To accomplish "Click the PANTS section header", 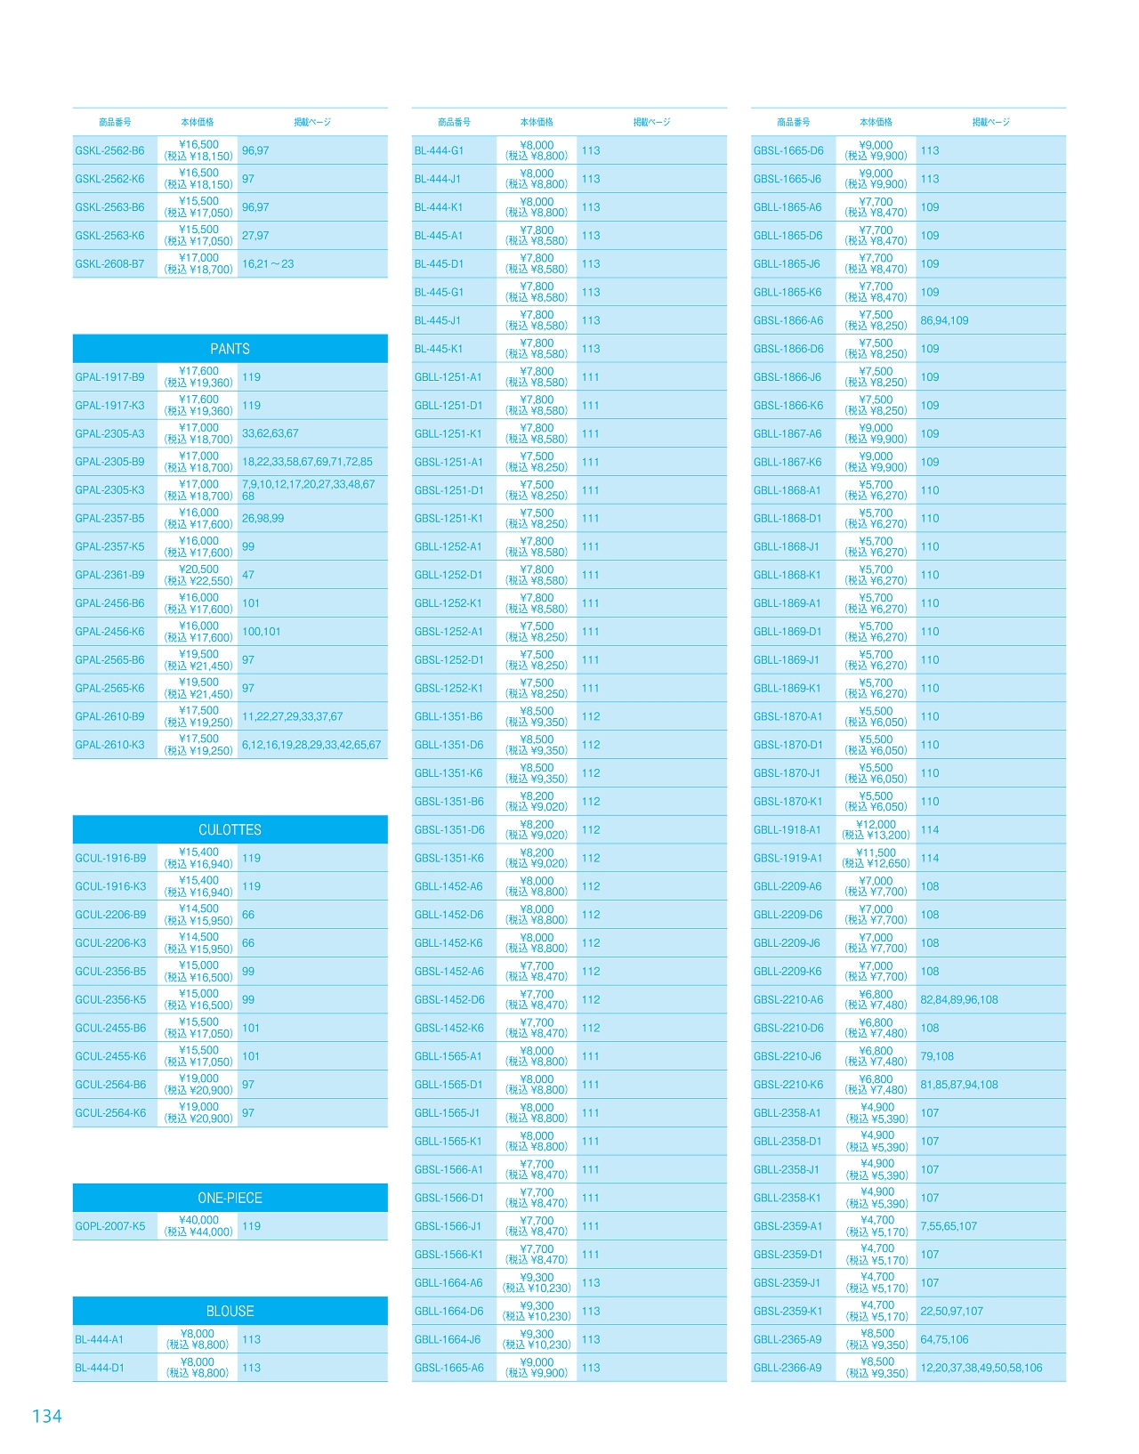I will tap(230, 349).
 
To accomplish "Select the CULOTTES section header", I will tap(230, 829).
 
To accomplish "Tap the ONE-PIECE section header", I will tap(230, 1198).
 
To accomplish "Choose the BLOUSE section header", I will tap(230, 1311).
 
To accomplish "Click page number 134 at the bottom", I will tap(46, 1416).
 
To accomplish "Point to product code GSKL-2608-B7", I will tap(109, 263).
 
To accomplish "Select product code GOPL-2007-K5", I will tap(109, 1226).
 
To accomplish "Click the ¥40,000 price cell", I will tap(198, 1226).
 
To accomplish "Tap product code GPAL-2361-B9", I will tap(109, 575).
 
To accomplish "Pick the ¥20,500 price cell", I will tap(198, 575).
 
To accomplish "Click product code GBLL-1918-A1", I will tap(787, 829).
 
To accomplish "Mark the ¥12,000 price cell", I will tap(876, 829).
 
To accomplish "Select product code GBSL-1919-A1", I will tap(788, 858).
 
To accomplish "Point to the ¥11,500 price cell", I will tap(876, 858).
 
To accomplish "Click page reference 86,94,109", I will tap(944, 320).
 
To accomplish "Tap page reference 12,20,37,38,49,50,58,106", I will tap(981, 1368).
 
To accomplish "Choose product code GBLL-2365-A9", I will tap(788, 1339).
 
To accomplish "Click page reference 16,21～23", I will tap(268, 263).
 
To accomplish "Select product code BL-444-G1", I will tap(439, 150).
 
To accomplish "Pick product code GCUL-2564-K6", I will tap(110, 1112).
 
